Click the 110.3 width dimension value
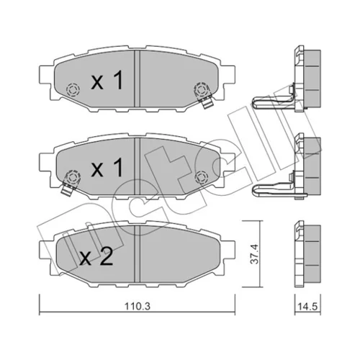tap(138, 306)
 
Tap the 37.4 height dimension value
tap(254, 254)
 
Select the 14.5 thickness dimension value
tap(307, 306)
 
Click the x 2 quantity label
tap(96, 258)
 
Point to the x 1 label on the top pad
tap(107, 80)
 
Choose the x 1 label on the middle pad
tap(107, 168)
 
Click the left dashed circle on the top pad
tap(73, 90)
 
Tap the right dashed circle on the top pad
tap(202, 89)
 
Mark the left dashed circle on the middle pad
tap(73, 177)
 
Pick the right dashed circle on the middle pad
tap(202, 177)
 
